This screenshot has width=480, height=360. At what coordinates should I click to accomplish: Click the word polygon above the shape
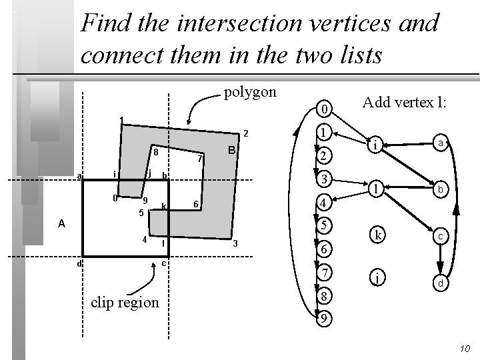click(249, 92)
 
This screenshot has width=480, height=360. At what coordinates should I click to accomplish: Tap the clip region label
click(125, 302)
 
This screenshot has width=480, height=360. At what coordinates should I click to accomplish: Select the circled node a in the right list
click(439, 143)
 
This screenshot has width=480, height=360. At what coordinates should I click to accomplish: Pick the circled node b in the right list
click(440, 189)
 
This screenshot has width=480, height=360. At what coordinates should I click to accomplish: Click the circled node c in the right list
click(440, 236)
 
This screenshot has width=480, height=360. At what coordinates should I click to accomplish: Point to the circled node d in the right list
click(440, 283)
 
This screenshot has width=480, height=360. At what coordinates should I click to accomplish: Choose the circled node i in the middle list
click(376, 144)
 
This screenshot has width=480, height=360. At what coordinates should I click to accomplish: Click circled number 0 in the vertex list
click(323, 109)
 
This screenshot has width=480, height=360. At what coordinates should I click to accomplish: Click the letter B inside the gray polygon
click(230, 151)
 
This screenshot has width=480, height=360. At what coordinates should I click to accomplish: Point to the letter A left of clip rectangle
click(61, 224)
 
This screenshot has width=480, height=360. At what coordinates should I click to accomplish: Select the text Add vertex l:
click(404, 103)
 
